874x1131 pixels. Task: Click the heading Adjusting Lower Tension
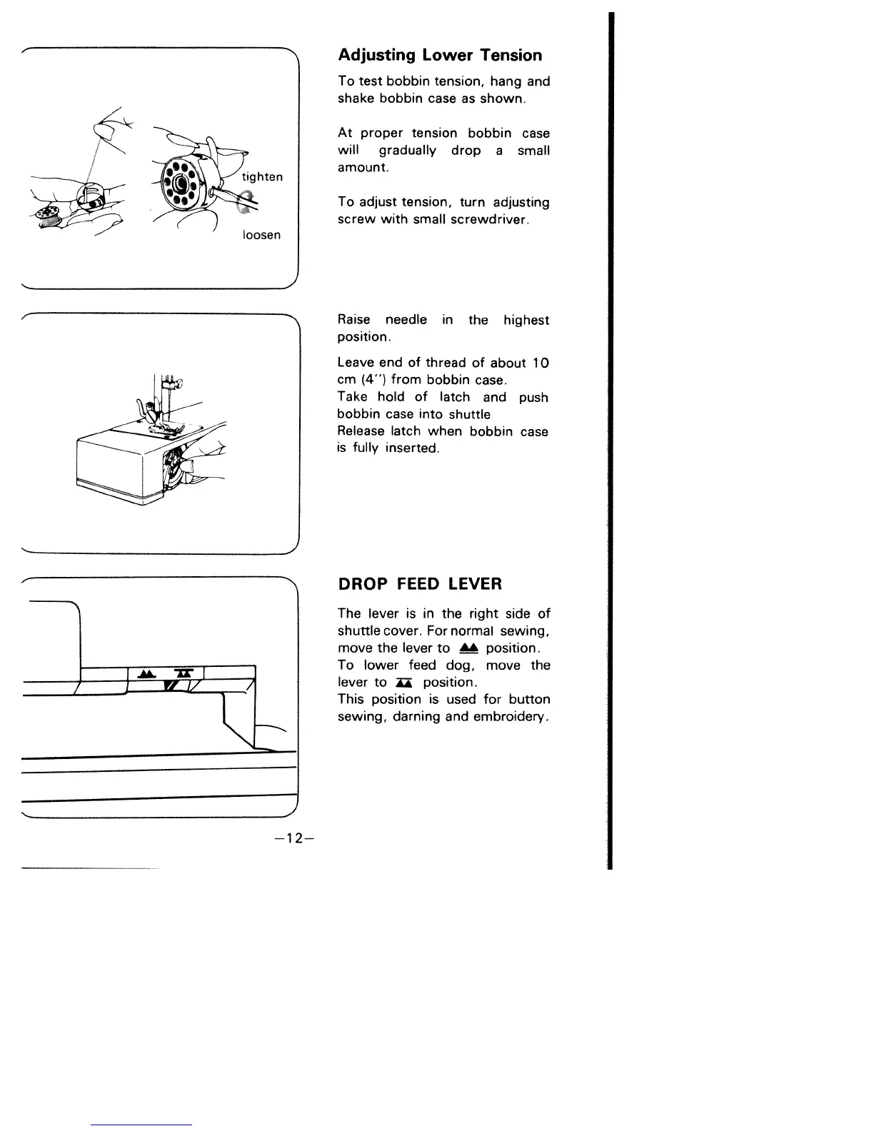(440, 56)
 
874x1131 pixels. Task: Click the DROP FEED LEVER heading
(420, 584)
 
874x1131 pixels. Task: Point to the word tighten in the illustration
(262, 177)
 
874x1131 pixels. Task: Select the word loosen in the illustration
(261, 235)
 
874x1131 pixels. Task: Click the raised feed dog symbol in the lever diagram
(146, 674)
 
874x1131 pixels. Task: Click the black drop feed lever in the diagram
(171, 686)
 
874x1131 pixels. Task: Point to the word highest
(526, 320)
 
